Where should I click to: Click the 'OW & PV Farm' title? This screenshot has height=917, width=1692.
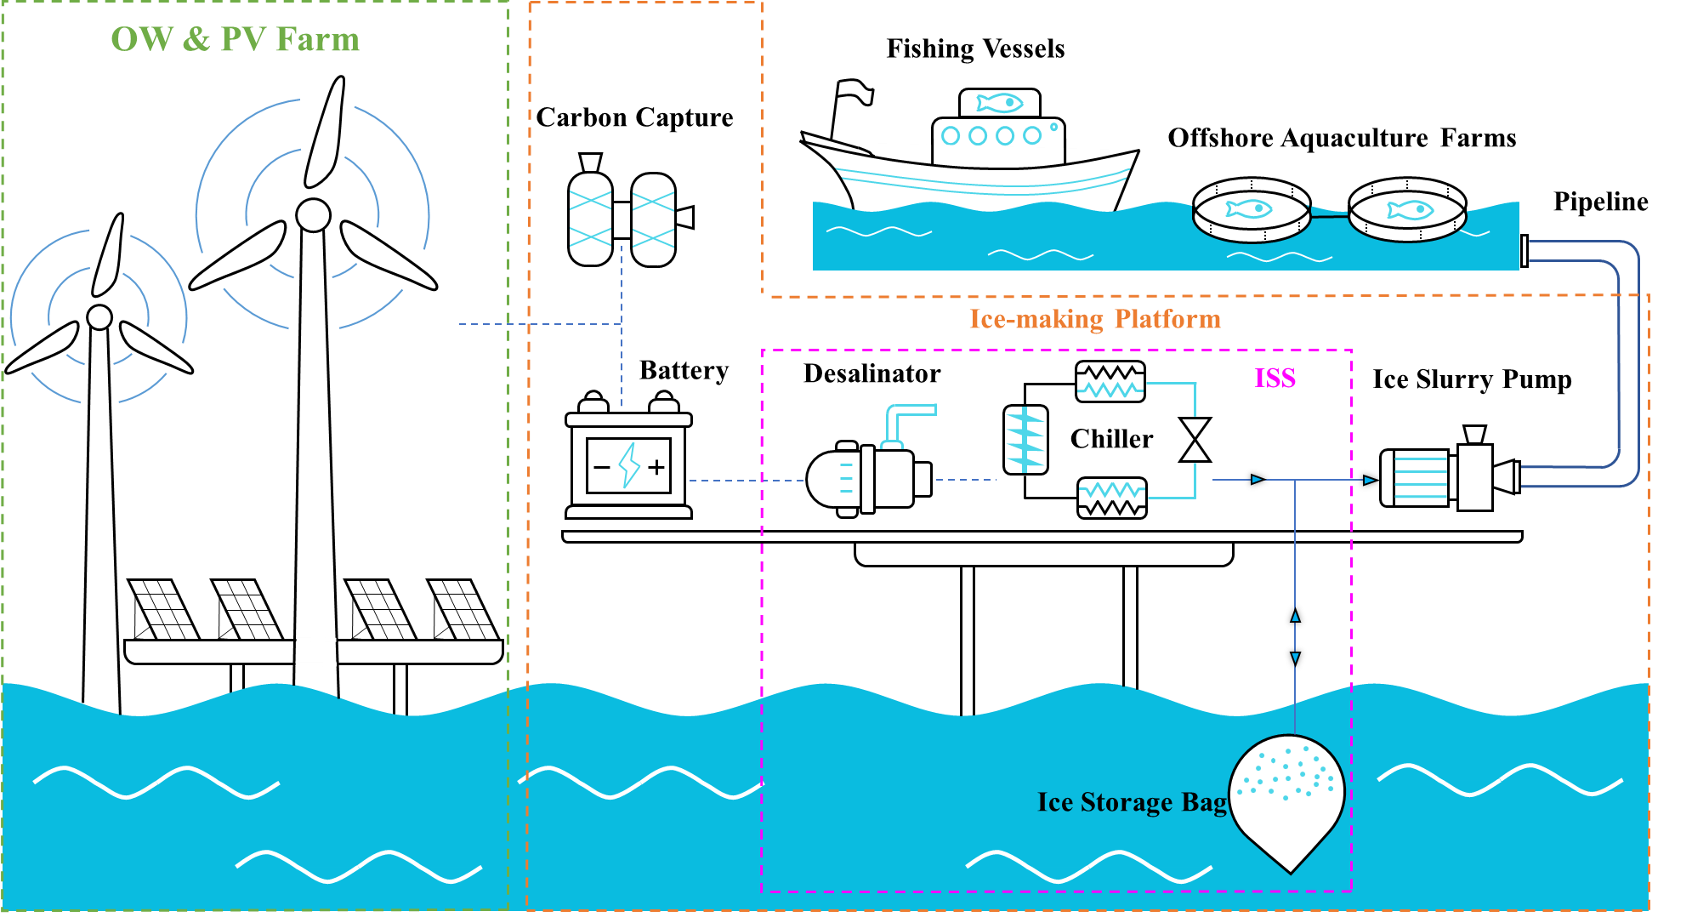[236, 39]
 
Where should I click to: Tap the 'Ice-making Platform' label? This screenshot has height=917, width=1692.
[1095, 319]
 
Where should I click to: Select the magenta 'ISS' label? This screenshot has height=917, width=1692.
[1275, 378]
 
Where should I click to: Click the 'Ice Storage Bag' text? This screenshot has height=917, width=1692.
[1132, 802]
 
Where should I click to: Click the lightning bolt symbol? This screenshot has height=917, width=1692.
[629, 465]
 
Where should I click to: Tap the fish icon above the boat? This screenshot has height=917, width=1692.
[999, 103]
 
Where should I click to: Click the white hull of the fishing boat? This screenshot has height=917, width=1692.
[978, 156]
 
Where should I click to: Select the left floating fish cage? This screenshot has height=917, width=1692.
[1251, 216]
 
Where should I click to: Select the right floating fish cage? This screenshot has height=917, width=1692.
[1407, 216]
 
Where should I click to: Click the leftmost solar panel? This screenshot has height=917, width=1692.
[163, 609]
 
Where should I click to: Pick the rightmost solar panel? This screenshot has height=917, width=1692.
[463, 609]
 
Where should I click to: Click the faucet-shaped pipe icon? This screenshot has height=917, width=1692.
[906, 424]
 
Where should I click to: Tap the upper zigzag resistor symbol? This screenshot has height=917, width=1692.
[1110, 390]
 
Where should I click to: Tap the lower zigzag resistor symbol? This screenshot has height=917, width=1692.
[1112, 491]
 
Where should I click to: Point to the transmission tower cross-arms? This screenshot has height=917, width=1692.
[622, 219]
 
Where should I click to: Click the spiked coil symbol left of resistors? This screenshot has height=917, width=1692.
[1025, 439]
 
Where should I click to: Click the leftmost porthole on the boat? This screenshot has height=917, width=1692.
[951, 135]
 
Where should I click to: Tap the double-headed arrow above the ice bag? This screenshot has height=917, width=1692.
[1295, 636]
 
